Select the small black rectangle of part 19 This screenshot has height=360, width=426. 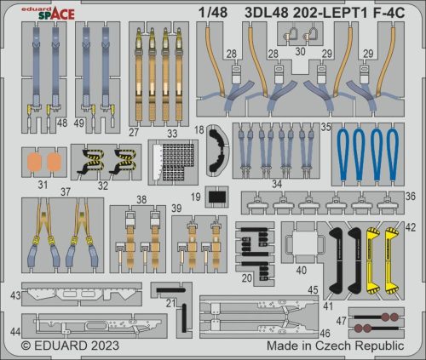[216, 197]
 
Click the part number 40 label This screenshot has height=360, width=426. [301, 270]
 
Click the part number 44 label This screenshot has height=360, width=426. [16, 329]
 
